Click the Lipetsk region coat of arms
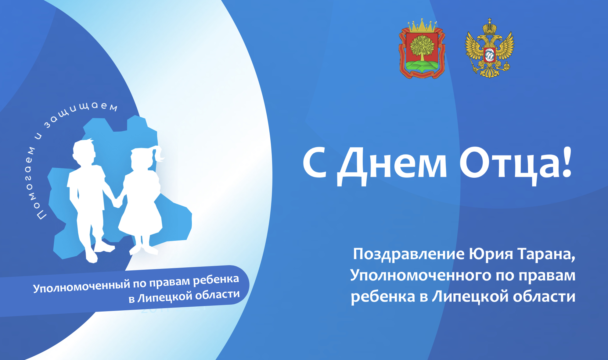[422, 49]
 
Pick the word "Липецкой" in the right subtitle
[470, 297]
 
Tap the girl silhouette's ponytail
[159, 153]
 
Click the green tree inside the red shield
[422, 48]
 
